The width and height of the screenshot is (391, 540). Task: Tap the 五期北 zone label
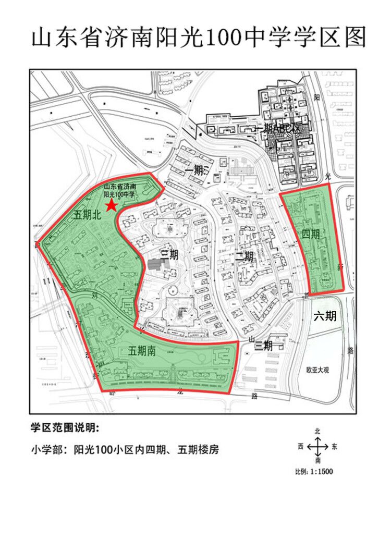pos(87,215)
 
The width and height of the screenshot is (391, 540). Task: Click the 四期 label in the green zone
pos(311,234)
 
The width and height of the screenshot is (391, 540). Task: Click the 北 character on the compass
pos(317,432)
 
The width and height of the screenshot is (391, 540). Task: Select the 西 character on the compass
pos(301,447)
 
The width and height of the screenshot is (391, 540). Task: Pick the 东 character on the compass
pos(334,447)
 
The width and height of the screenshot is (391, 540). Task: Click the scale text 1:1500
pos(321,472)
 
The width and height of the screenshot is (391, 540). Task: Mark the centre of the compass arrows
pos(317,447)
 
